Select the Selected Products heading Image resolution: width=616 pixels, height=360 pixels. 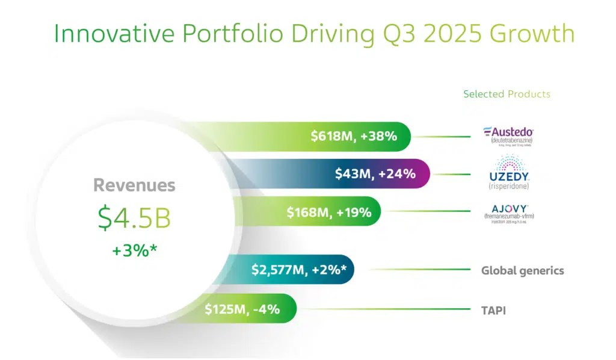[507, 94]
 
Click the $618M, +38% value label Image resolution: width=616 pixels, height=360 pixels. [354, 136]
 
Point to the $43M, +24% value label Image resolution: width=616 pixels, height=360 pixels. [375, 174]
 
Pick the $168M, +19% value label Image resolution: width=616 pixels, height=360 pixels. [329, 212]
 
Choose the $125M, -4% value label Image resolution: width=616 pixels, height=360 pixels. [242, 309]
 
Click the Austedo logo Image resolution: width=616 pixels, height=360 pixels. [508, 132]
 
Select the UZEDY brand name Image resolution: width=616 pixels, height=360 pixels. [508, 177]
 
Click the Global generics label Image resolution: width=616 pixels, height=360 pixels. [522, 270]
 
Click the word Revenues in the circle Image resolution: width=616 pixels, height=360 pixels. [134, 185]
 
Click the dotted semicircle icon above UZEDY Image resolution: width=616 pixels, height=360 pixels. [508, 162]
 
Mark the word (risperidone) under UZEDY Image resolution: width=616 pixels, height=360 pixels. [508, 187]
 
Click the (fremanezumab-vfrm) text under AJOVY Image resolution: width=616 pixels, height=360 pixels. [508, 215]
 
